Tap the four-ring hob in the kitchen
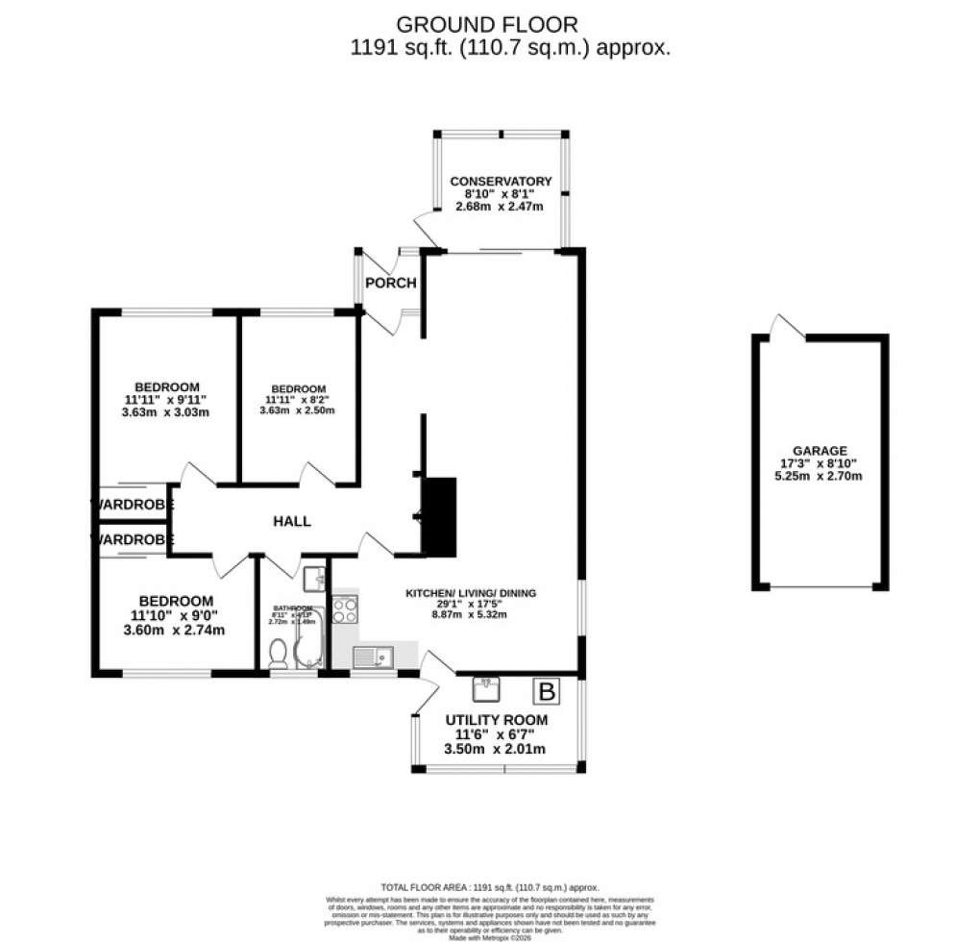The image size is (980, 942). (x=345, y=610)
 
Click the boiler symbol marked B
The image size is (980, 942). (x=548, y=690)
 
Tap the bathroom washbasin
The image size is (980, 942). (x=313, y=579)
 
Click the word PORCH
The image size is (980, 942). (x=391, y=283)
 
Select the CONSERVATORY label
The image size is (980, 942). (x=501, y=181)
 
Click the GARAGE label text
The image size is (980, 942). (x=820, y=450)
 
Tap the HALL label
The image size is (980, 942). (x=292, y=520)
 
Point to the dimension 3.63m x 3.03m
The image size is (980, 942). (x=166, y=412)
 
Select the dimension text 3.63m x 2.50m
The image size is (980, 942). (x=297, y=409)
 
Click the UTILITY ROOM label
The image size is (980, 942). (x=497, y=720)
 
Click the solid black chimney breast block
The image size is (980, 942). (x=439, y=516)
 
